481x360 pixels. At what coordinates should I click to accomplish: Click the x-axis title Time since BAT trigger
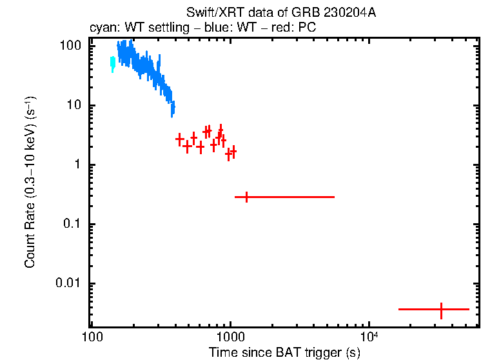point(284,352)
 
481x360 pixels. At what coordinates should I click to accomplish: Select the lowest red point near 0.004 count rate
point(441,310)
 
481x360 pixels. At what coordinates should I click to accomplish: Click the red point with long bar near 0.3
point(246,197)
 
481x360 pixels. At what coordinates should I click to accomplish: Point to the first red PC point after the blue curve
point(179,139)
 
